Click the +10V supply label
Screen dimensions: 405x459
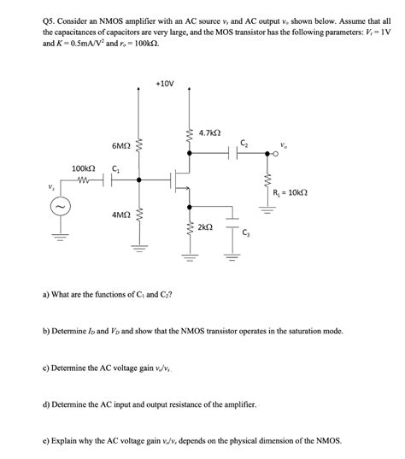[x=165, y=84]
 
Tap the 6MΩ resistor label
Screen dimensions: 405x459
[x=120, y=146]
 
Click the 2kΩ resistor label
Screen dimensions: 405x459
[x=206, y=228]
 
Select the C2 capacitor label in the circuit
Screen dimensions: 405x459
[x=244, y=143]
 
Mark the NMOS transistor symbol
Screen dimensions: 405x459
[x=182, y=180]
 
